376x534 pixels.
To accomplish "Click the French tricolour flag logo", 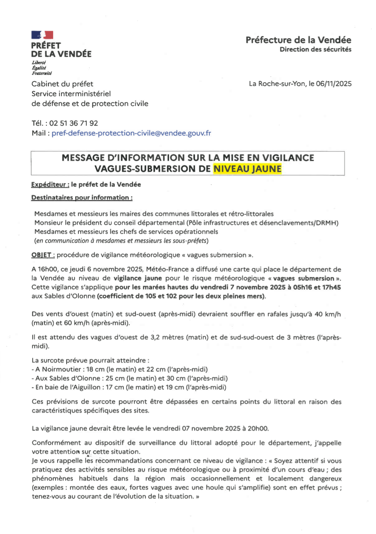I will coord(42,35).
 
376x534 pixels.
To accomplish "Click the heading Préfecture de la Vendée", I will coord(298,40).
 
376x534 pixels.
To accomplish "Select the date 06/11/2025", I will coord(333,83).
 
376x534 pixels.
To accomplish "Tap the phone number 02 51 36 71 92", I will coord(73,123).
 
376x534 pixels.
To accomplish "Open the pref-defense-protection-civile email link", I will coord(131,133).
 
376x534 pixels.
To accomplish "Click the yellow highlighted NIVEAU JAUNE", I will coord(248,169).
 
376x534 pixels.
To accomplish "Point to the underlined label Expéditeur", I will coord(50,184).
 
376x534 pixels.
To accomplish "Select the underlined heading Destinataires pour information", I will coord(82,197).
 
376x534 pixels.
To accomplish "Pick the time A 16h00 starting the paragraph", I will coord(45,269).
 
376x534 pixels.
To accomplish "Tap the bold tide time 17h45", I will coord(331,287).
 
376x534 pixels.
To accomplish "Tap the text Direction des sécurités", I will coord(315,49).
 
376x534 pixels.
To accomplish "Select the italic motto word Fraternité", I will coord(42,73).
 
